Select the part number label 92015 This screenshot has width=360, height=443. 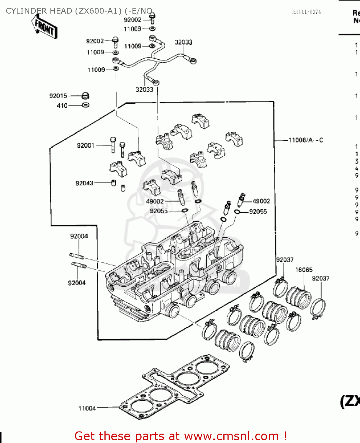[x=58, y=96]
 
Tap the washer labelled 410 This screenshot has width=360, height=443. [x=86, y=105]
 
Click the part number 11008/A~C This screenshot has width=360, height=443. [x=306, y=140]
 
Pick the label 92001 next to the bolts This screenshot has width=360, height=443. [x=86, y=145]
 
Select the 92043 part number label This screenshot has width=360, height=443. [x=84, y=183]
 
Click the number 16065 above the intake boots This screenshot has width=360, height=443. [x=304, y=270]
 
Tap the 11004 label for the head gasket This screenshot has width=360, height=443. [x=87, y=408]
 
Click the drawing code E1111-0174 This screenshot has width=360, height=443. [x=306, y=12]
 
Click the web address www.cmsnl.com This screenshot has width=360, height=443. [x=231, y=436]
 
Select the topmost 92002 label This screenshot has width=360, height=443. [x=132, y=20]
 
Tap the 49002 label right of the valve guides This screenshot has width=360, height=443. [x=261, y=201]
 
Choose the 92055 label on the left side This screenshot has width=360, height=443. [x=159, y=211]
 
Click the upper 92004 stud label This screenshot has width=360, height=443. [x=79, y=236]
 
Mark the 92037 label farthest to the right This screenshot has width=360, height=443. [x=320, y=278]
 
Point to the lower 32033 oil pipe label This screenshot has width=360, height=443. [x=144, y=89]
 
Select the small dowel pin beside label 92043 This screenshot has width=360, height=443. [x=113, y=183]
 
